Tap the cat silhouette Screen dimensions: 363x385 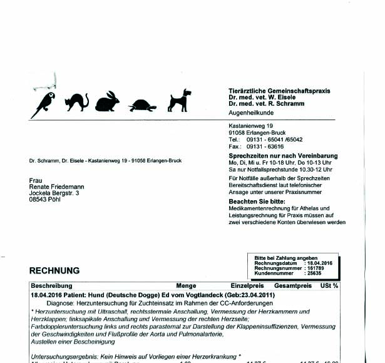click(78, 101)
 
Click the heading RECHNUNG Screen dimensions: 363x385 click(54, 271)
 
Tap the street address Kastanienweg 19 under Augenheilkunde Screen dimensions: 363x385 click(252, 126)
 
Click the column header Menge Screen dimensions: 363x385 click(186, 285)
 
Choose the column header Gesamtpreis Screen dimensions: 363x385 click(293, 285)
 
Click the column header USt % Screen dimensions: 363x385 click(329, 285)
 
